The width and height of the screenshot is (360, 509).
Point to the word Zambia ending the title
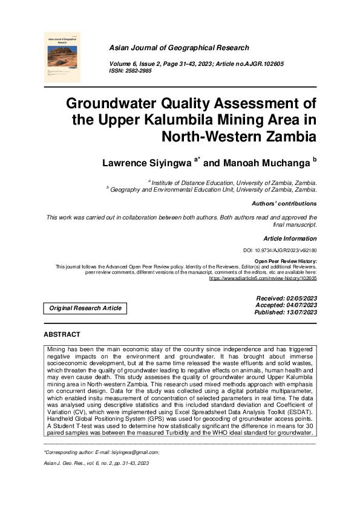click(287, 136)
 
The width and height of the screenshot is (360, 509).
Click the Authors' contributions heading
click(284, 204)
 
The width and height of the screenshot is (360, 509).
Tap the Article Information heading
click(290, 238)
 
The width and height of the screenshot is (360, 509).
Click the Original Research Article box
click(85, 308)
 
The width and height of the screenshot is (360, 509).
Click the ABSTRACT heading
click(62, 334)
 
